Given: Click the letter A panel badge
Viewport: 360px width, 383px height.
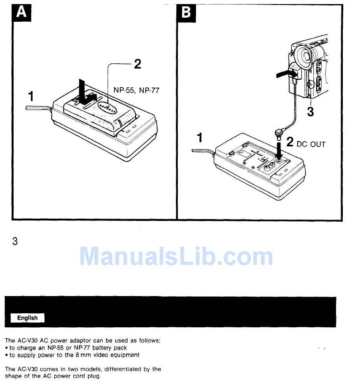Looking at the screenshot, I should pos(21,12).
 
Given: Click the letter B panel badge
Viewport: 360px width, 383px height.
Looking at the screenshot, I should pos(185,12).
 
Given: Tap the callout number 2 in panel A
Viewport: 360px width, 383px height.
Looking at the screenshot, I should pos(137,64).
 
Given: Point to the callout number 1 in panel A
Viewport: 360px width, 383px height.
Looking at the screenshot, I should pos(31,96).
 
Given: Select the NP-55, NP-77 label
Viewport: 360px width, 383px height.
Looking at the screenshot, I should pos(136,91).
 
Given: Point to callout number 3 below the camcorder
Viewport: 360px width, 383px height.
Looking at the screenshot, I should pos(310,112).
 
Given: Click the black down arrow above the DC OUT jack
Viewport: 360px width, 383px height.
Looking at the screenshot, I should pos(279,148).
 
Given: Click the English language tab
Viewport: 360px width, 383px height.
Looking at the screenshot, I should pos(28,318).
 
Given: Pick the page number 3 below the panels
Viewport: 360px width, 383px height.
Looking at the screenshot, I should pos(15,241).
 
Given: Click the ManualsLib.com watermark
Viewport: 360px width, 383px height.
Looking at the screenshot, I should pos(176,256).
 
